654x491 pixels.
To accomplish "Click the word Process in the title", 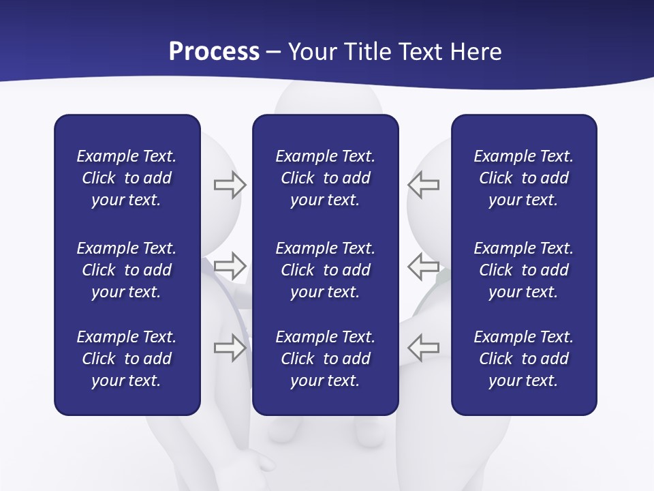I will point(214,52).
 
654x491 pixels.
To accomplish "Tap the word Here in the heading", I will point(475,52).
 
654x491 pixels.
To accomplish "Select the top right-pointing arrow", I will point(230,185).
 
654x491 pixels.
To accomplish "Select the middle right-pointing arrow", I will point(230,265).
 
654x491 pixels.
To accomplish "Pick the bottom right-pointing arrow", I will point(230,347).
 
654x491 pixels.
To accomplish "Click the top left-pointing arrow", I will point(424,185).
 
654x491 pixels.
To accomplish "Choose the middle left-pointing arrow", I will point(424,265).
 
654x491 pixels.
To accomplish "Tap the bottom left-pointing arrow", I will point(424,347).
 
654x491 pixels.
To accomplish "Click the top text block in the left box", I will point(127,178).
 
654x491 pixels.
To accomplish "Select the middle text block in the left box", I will point(127,270).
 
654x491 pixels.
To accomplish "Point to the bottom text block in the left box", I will point(127,359).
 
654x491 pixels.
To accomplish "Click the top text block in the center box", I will point(326,178).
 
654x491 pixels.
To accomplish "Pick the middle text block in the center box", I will point(326,270).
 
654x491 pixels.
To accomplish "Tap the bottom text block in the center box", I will point(326,359).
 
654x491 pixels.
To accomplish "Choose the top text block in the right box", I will point(524,178).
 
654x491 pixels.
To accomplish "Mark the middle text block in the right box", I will point(524,270).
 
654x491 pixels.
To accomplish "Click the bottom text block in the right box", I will point(524,359).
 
